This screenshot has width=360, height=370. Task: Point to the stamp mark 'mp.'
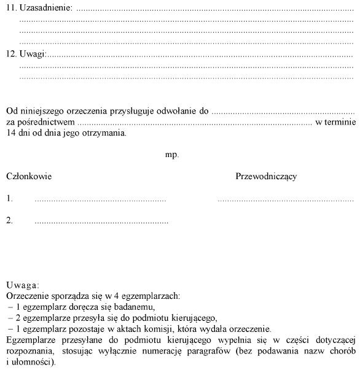point(172,155)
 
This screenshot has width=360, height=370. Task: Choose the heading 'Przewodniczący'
point(266,177)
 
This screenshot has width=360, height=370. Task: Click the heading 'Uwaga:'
point(23,285)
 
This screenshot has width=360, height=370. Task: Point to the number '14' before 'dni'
point(10,133)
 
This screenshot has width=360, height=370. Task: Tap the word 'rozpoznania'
point(27,350)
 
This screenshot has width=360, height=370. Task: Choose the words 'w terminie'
point(335,122)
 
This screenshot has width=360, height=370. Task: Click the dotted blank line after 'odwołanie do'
point(283,113)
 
